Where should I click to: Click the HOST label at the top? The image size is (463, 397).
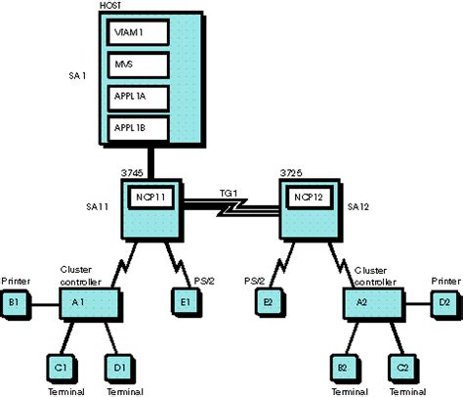coord(110,7)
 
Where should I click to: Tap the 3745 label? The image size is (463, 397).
coord(132,172)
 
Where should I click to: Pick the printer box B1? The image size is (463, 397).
coord(15,302)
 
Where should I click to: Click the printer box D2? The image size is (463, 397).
coord(444,302)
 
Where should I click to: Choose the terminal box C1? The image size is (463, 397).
coord(61,368)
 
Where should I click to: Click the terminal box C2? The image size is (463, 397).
coord(401,368)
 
